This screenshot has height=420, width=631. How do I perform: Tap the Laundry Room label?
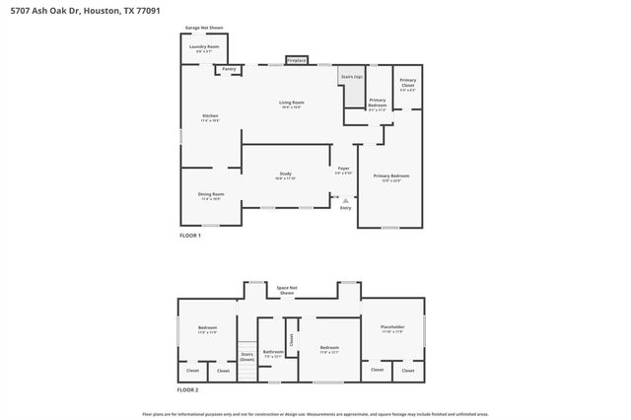coord(204,47)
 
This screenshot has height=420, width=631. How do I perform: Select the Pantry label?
coord(229,69)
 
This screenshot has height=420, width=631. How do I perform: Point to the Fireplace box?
coord(296,61)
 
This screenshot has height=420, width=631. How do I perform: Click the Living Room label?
coord(291,104)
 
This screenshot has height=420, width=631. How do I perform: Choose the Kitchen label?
coord(210,117)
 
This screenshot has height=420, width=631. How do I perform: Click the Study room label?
coord(285,175)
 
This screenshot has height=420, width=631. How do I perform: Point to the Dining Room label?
coord(211,195)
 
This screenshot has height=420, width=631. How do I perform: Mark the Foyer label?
coord(344,170)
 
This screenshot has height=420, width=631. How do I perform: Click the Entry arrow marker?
coord(345,201)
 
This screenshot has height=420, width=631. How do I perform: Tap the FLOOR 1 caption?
coord(189,236)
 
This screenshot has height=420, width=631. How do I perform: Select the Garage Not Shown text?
coord(203,29)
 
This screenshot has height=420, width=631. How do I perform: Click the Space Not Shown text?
coord(287,290)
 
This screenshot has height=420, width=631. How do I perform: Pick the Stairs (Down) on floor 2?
coord(246,357)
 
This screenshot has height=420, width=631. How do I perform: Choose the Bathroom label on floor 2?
coord(272,352)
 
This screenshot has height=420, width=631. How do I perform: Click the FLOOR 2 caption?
coord(188,391)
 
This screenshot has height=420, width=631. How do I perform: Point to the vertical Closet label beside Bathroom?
coord(291,338)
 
